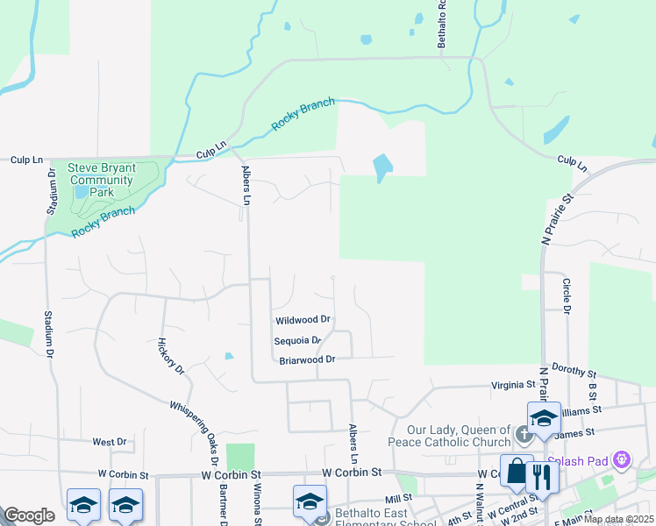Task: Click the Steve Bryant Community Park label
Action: coord(102,180)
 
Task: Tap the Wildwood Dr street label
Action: coord(302,320)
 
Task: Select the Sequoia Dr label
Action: coord(298,340)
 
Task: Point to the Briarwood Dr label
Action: coord(307,359)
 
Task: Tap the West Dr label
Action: coord(110,442)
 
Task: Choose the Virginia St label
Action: coord(513,385)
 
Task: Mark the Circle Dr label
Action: coord(567,297)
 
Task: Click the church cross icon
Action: coord(524,433)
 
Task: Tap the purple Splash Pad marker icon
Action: coord(624,458)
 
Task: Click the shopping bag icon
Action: coord(516,473)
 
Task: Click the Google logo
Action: coord(29,515)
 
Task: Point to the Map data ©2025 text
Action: coord(617,519)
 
